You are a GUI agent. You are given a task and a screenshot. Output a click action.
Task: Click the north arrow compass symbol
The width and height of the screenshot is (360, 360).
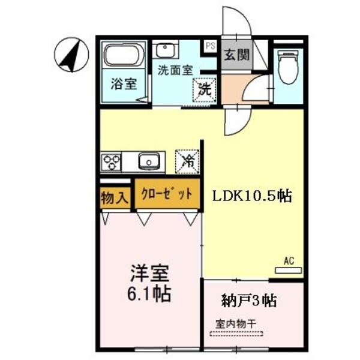(x=71, y=55)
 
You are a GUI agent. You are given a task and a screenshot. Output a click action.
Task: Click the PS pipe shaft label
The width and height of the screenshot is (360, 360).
(x=211, y=46)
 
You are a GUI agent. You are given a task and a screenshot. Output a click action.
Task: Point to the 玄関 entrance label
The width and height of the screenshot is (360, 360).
(x=237, y=55)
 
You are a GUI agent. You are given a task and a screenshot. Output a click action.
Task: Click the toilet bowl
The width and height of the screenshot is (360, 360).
(x=288, y=67)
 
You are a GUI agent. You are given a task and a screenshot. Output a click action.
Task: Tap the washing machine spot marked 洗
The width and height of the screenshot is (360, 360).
(x=205, y=90)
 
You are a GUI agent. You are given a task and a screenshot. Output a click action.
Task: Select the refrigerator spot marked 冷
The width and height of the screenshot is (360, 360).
(x=187, y=161)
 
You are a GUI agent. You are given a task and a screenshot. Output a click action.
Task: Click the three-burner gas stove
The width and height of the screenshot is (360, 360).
(x=111, y=162)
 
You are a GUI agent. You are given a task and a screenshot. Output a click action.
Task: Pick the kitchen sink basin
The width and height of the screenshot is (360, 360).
(x=149, y=161)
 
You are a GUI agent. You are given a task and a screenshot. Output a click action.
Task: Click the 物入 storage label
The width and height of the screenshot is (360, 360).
(x=115, y=197)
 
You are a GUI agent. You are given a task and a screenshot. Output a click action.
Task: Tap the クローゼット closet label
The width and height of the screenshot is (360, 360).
(x=167, y=194)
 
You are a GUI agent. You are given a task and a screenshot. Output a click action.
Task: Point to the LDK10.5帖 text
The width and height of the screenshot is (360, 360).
(x=252, y=196)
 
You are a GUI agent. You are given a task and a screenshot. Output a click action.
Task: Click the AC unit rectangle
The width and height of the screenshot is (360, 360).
(x=289, y=271)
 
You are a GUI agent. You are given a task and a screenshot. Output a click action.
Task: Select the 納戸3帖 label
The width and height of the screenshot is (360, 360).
(x=248, y=301)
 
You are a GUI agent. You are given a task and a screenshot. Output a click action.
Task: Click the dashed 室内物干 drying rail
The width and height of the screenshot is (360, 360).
(x=236, y=334)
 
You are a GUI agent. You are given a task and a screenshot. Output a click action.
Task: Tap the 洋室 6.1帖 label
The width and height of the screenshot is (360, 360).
(x=149, y=283)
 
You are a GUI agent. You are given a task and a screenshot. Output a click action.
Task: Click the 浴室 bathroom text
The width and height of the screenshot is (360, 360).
(x=124, y=84)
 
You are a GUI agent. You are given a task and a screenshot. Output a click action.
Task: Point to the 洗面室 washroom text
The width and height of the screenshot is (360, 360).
(x=175, y=70)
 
